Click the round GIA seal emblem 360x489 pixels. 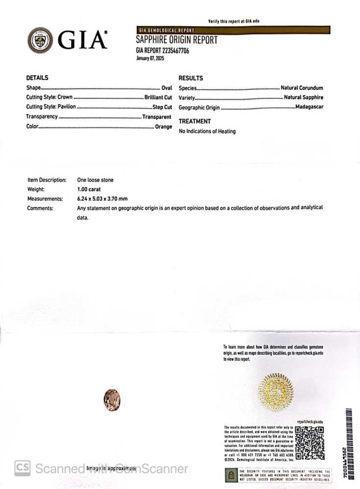tap(40, 40)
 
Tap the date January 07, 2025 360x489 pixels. tap(150, 58)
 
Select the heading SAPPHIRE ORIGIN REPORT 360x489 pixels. tap(176, 40)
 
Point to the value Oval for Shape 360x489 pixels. tap(167, 88)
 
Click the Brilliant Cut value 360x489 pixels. tap(158, 97)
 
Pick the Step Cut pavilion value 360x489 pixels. tap(162, 107)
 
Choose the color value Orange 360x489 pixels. tap(164, 126)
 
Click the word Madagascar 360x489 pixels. tap(309, 107)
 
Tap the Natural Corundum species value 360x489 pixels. tap(302, 88)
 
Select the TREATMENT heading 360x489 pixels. tap(194, 121)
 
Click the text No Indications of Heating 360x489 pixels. tap(207, 131)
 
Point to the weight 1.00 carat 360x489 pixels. tap(89, 189)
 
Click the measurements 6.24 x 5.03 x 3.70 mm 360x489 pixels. tap(102, 199)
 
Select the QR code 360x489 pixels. tap(310, 443)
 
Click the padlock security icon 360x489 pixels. tap(230, 474)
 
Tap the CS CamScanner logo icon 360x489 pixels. tap(22, 468)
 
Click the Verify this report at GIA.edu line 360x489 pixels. tap(233, 22)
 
